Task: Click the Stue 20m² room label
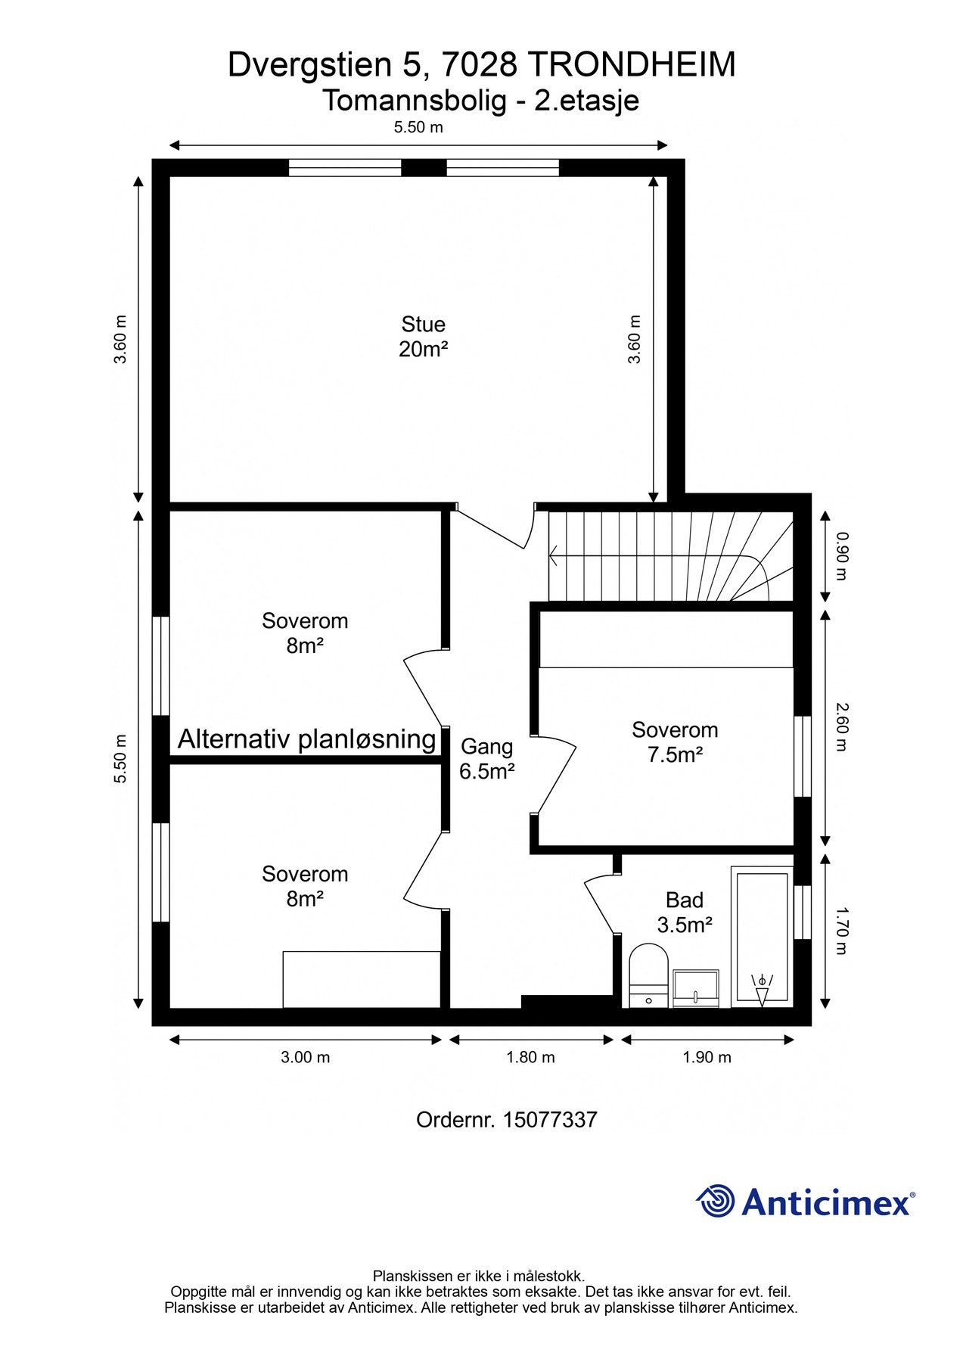click(423, 337)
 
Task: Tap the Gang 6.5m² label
click(486, 759)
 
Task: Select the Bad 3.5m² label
click(684, 912)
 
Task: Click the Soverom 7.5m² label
click(675, 742)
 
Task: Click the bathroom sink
click(696, 988)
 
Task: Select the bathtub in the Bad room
click(761, 938)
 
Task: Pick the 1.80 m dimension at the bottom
click(530, 1057)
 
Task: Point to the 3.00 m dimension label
click(305, 1057)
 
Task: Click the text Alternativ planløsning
click(306, 739)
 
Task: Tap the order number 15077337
click(550, 1120)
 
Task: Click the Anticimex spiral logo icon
click(715, 1201)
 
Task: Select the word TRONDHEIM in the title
click(631, 65)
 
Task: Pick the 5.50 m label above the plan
click(418, 127)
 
